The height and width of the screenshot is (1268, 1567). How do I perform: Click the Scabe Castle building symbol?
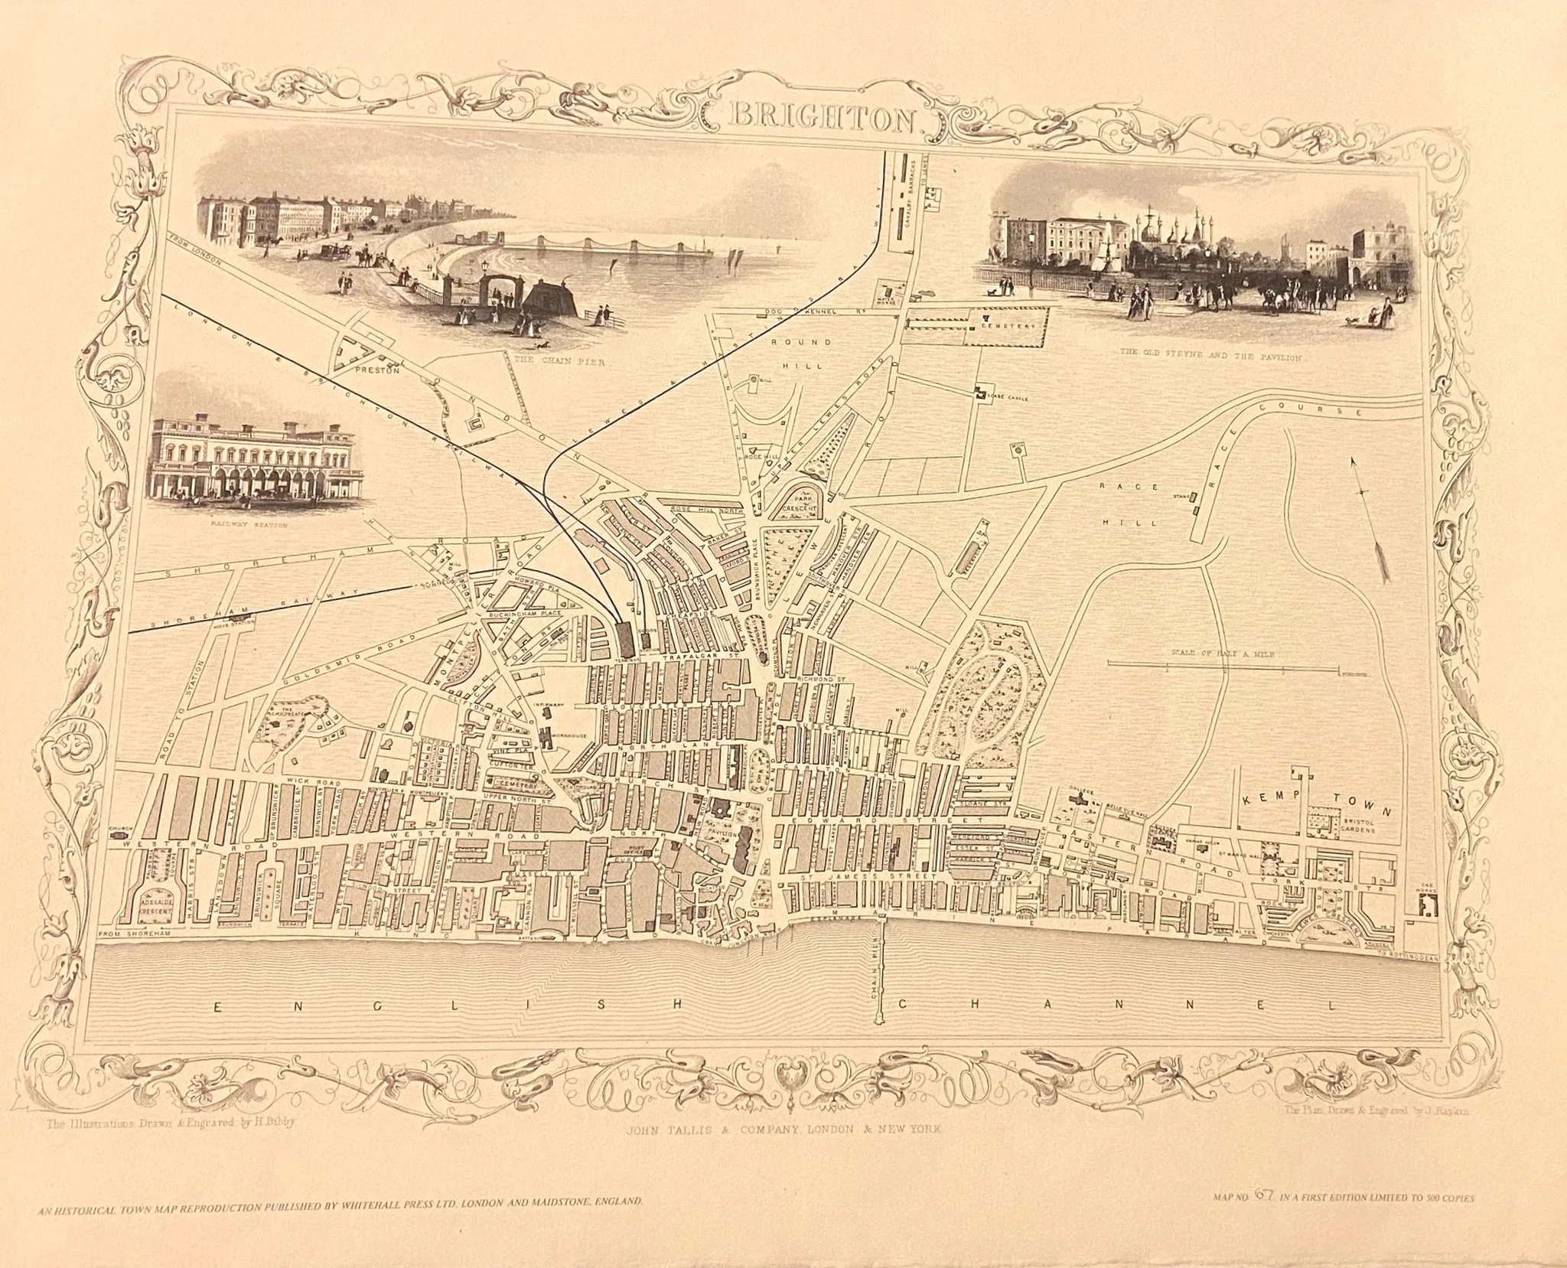[981, 393]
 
